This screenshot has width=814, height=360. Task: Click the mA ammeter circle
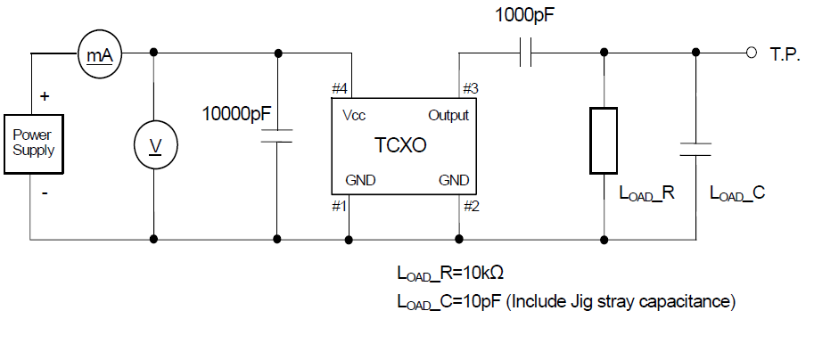98,54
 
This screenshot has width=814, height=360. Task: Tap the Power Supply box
33,142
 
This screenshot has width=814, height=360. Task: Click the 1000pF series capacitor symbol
526,54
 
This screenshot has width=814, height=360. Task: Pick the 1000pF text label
528,15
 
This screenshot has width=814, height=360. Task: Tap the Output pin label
448,116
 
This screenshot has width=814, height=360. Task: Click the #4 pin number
340,89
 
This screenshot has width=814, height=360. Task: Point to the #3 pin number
470,89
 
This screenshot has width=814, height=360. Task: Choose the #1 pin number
339,206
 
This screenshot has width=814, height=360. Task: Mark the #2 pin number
470,206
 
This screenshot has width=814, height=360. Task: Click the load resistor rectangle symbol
604,139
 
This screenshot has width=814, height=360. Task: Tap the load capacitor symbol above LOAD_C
695,148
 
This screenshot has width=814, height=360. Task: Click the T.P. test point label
786,54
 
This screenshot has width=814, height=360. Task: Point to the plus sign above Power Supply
45,94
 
